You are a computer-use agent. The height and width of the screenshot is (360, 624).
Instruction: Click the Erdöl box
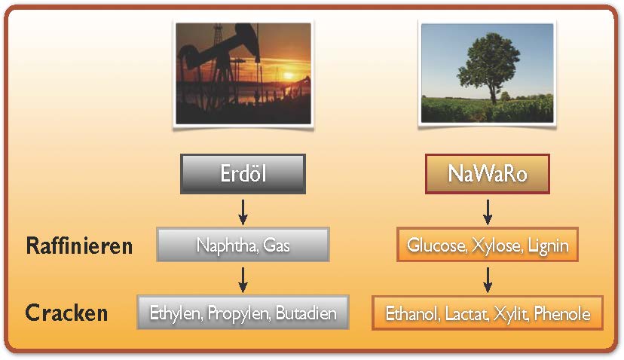[243, 174]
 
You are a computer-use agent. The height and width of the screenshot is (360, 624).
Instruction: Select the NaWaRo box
[488, 174]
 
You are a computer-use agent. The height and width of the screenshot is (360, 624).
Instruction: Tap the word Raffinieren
[79, 246]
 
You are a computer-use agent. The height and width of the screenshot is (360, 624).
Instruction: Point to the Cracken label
[66, 313]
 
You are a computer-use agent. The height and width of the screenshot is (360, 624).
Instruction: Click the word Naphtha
[228, 245]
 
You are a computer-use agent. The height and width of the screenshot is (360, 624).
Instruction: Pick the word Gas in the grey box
[277, 245]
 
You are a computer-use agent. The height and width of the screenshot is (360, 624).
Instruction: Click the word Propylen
[239, 313]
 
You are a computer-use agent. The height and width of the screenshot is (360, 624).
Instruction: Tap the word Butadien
[306, 313]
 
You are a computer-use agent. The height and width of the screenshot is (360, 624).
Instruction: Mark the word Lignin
[549, 246]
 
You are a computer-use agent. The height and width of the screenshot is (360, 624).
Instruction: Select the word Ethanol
[413, 314]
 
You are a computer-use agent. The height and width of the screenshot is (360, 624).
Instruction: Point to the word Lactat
[466, 314]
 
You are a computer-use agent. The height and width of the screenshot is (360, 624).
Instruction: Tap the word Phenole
[562, 314]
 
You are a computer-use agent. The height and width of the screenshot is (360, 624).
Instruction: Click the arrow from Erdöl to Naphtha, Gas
[243, 212]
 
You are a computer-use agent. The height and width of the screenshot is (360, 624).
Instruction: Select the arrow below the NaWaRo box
[488, 212]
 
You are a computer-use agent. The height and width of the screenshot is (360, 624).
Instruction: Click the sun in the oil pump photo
[289, 75]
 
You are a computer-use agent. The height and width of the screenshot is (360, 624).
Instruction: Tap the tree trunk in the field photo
[493, 94]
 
